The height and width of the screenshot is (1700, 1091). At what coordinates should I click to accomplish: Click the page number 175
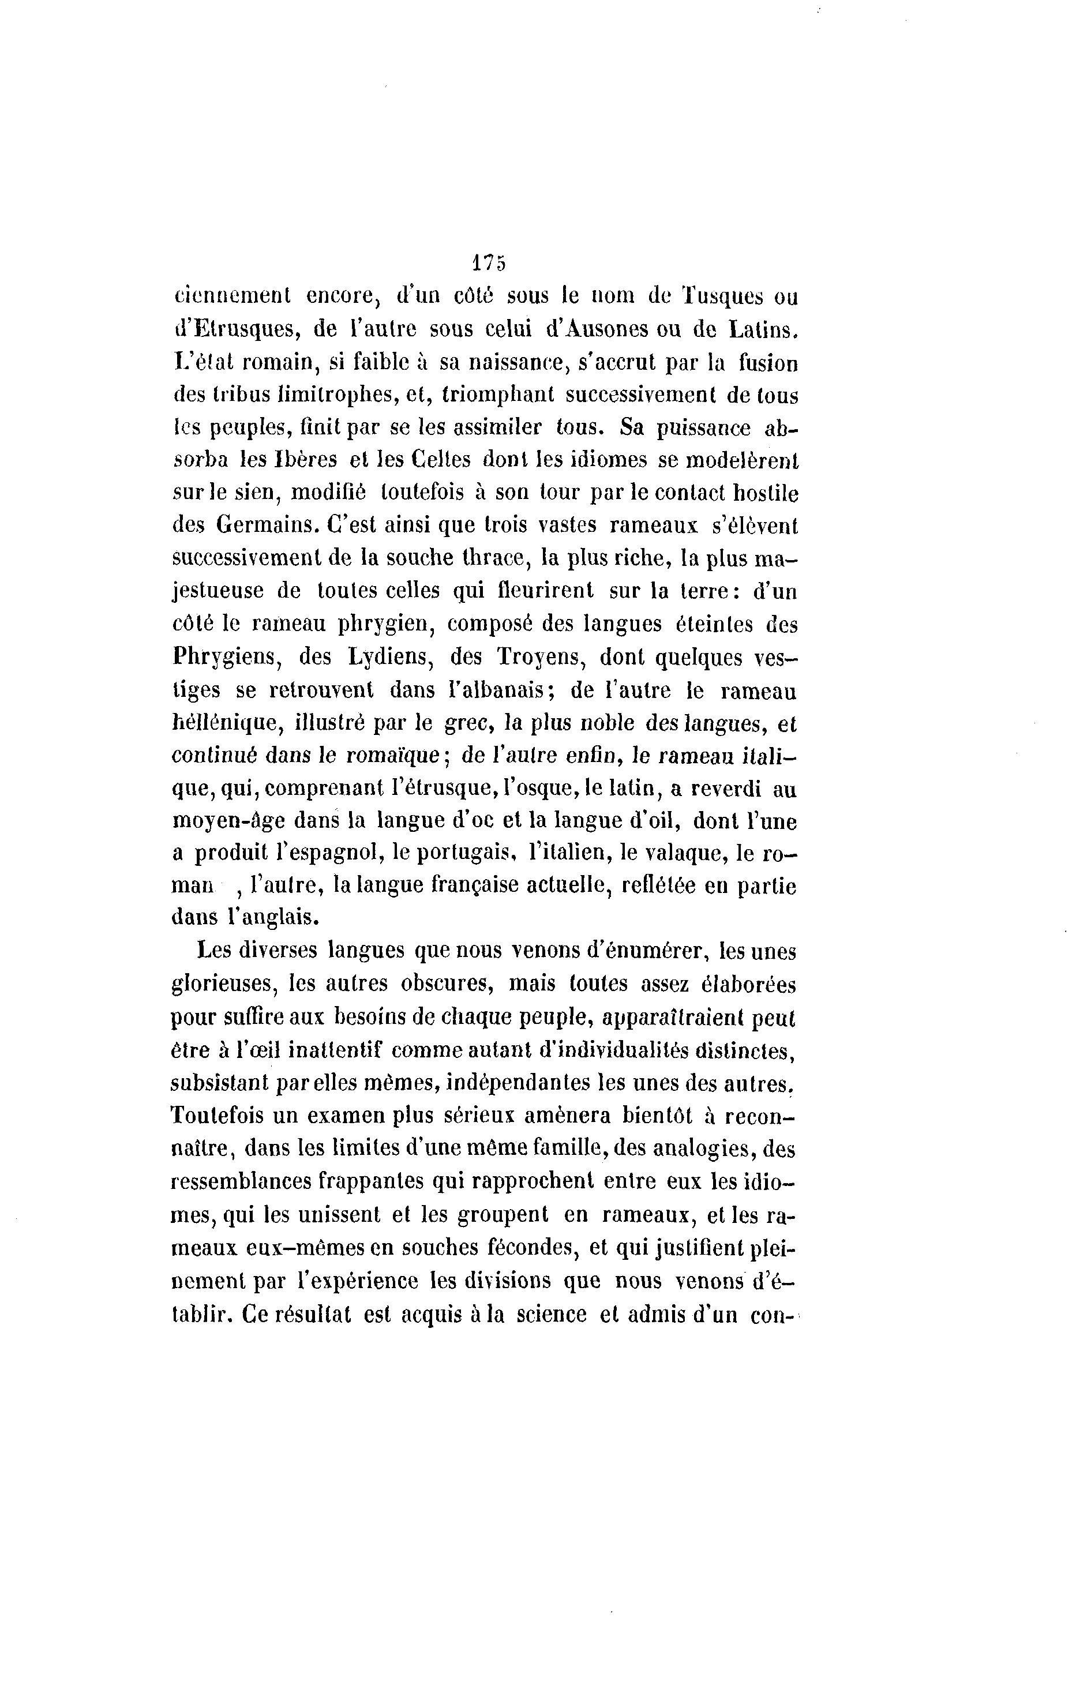tap(488, 263)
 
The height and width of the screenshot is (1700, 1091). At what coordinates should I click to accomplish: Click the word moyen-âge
tap(229, 821)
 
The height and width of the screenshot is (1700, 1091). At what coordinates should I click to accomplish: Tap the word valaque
tap(686, 854)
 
